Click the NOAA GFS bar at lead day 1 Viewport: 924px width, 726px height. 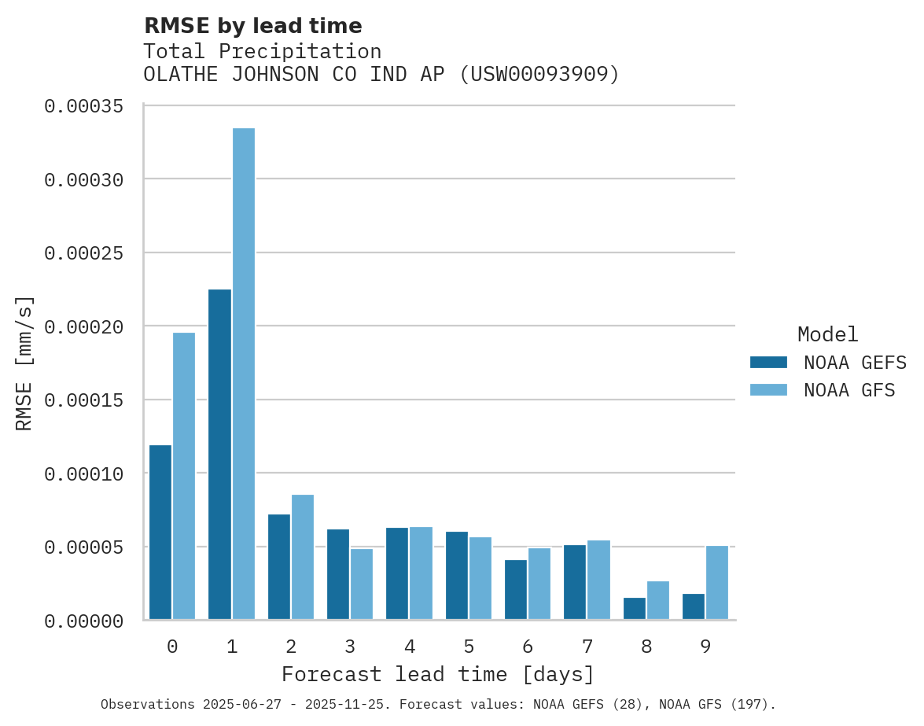click(244, 374)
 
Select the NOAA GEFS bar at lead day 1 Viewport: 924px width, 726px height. click(220, 455)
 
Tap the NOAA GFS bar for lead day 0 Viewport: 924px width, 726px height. click(184, 476)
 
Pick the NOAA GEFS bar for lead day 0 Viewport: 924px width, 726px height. click(160, 533)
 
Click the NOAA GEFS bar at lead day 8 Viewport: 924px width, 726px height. click(635, 609)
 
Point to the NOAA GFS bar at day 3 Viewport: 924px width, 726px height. click(362, 584)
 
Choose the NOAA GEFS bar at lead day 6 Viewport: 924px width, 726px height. click(516, 590)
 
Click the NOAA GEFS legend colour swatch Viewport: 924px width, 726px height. click(768, 362)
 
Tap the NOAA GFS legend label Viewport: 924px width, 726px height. click(849, 390)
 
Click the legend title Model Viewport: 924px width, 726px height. click(827, 334)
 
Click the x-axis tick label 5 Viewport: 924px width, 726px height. click(469, 647)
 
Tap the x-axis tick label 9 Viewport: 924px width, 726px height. click(705, 647)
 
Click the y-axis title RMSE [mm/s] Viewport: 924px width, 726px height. click(25, 363)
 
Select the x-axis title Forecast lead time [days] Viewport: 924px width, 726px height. click(438, 675)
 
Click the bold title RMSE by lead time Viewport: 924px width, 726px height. click(252, 26)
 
